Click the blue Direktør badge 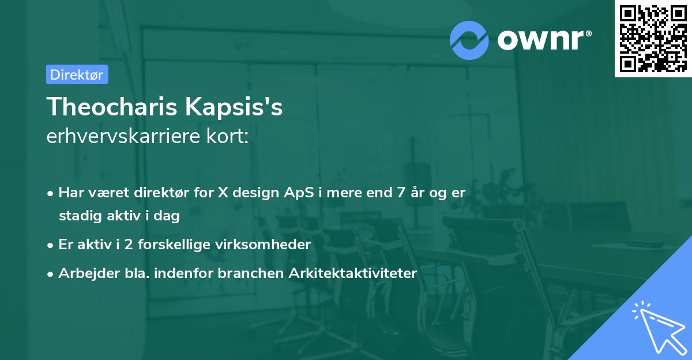(x=77, y=74)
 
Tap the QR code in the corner (x=653, y=38)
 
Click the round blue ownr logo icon (x=469, y=40)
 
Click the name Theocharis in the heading (x=112, y=107)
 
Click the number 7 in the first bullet (x=400, y=193)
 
